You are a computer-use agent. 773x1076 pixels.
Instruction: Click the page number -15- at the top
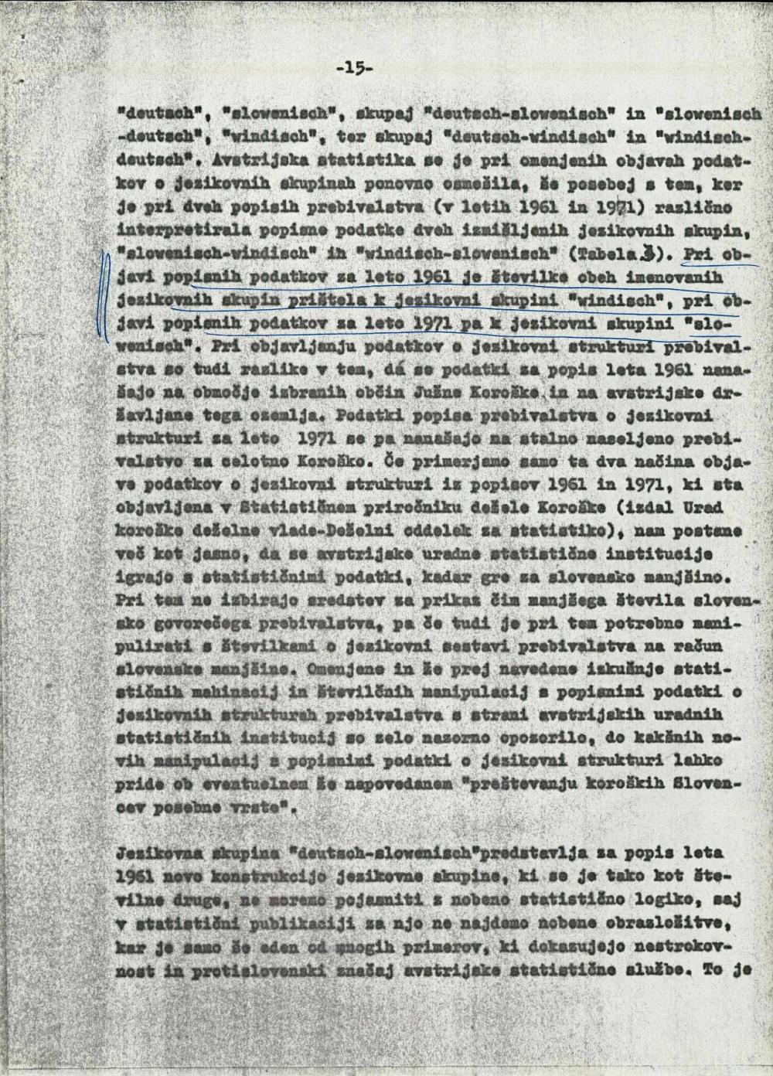point(356,68)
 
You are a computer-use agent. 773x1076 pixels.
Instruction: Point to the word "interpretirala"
point(169,230)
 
